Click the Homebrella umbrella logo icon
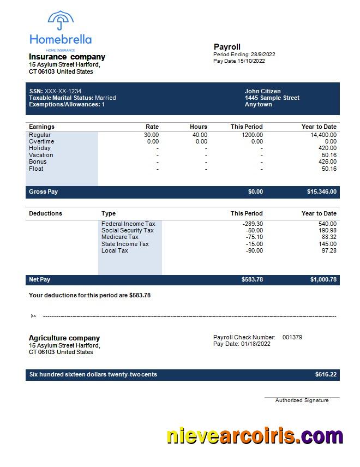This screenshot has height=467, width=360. coord(61,21)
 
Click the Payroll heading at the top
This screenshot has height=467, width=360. coord(227,47)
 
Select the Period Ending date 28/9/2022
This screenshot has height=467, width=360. coord(262,55)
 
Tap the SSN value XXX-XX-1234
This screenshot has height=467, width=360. coord(63,91)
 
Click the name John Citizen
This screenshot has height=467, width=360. coord(263,91)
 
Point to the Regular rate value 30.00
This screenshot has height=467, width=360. coord(151,135)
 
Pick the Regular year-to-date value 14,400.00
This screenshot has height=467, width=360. coord(323,135)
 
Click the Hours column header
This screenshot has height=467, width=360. coord(199,127)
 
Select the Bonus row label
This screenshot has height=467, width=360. coord(38,161)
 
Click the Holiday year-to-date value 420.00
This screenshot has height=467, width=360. coord(328,148)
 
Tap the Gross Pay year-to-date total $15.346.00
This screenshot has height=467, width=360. coord(322,192)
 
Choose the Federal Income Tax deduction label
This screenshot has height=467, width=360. coord(128,224)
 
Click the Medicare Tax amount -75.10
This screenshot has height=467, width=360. coord(254,237)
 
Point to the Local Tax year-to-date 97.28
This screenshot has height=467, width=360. coord(329,250)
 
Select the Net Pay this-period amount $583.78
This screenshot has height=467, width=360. coord(252,280)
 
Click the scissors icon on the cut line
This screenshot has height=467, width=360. coord(33,316)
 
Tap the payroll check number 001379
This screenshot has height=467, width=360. coord(292,337)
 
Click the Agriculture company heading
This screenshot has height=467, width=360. coord(64,338)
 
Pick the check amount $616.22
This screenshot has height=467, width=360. coord(326,375)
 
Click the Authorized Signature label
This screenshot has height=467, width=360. coord(302,400)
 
